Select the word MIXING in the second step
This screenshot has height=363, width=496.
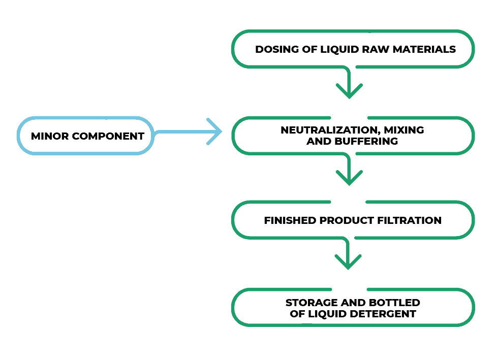404,130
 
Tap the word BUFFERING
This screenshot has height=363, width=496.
365,142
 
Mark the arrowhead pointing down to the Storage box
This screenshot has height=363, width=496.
349,262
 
